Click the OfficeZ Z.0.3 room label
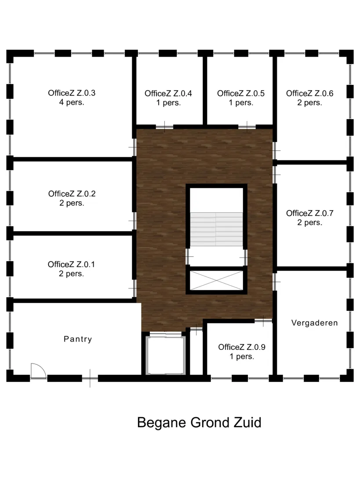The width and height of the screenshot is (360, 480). (x=72, y=97)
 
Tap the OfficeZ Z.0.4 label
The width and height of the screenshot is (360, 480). (x=168, y=98)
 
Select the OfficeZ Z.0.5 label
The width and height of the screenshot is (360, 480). (x=241, y=98)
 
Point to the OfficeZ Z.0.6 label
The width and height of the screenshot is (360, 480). (x=310, y=98)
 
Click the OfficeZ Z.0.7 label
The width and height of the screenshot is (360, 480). (x=310, y=218)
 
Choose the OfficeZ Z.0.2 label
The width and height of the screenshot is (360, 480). (x=72, y=198)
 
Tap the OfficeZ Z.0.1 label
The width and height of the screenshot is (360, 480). (x=71, y=269)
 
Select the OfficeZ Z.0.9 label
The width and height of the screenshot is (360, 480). (x=242, y=352)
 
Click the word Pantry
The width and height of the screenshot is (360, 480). (x=78, y=339)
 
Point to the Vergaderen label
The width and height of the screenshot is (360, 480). (x=315, y=323)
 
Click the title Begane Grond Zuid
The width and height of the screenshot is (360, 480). (x=199, y=423)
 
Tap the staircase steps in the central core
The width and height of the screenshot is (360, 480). (x=216, y=229)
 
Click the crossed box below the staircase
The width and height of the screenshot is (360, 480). (x=216, y=280)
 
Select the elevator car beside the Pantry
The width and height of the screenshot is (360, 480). (x=166, y=356)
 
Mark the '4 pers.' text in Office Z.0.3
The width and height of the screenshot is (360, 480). (x=72, y=102)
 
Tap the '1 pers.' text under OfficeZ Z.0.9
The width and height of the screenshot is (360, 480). (x=242, y=356)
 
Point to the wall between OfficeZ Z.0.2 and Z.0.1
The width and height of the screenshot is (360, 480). (x=73, y=233)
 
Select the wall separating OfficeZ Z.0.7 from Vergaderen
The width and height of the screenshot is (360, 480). (x=312, y=269)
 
